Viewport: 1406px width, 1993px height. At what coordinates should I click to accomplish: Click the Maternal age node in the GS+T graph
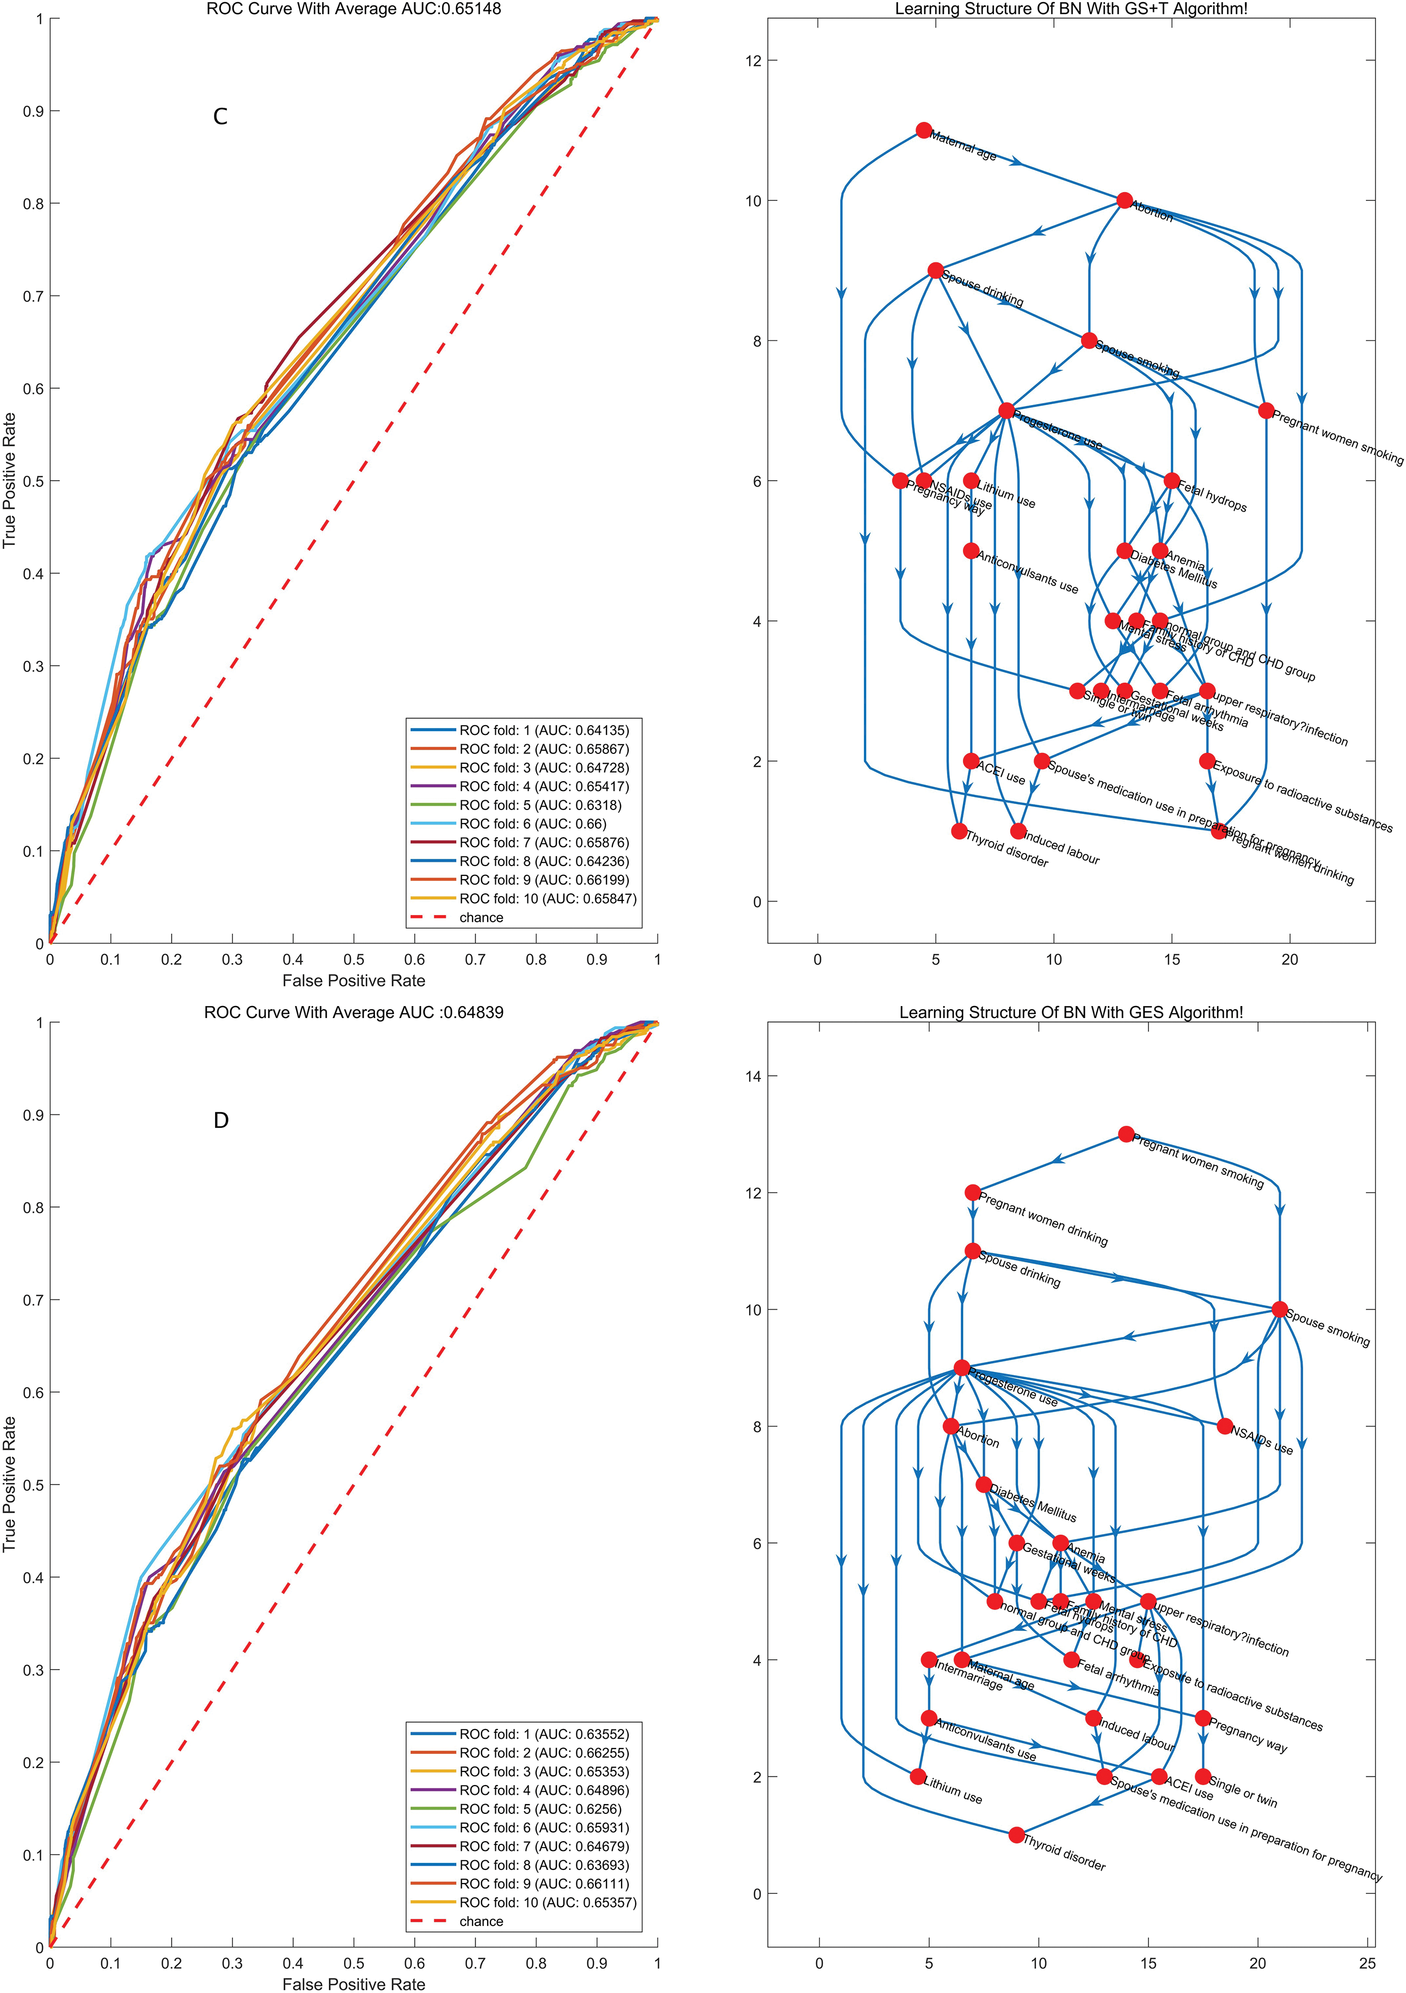[x=923, y=130]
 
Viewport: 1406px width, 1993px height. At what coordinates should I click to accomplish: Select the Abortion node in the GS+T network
[x=1124, y=200]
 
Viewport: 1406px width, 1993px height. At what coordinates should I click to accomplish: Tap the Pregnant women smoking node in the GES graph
[x=1126, y=1133]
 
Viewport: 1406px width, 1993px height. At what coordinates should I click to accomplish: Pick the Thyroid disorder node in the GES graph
[x=1016, y=1835]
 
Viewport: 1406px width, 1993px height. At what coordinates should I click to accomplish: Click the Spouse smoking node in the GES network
[x=1279, y=1309]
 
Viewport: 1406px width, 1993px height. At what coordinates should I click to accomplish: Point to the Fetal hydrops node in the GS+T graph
[x=1171, y=481]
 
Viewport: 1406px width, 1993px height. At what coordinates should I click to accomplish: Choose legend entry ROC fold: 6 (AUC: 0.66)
[x=532, y=824]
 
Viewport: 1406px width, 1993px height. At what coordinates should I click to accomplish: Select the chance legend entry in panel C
[x=481, y=917]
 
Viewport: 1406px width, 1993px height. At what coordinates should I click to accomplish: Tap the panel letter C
[x=220, y=116]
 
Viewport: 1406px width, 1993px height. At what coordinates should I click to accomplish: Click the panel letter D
[x=220, y=1121]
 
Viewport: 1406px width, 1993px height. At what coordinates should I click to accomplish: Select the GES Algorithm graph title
[x=1071, y=1012]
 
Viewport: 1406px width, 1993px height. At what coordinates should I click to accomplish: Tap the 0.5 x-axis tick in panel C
[x=353, y=960]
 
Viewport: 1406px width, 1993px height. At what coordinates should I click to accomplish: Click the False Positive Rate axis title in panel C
[x=353, y=981]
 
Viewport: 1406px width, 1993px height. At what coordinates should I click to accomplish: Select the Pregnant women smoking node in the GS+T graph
[x=1266, y=410]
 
